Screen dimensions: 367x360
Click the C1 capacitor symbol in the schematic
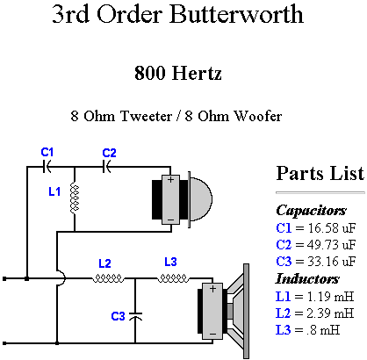click(47, 167)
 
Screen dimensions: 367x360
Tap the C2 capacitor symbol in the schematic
click(107, 167)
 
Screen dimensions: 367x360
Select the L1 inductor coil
click(75, 199)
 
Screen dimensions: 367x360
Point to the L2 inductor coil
click(108, 278)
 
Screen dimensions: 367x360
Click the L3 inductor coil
click(173, 278)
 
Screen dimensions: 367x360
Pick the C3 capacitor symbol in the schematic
click(135, 316)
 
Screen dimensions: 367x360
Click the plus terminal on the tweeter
click(170, 179)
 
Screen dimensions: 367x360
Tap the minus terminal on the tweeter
click(170, 220)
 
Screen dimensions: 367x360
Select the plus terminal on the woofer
click(212, 289)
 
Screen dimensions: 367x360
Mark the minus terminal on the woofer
click(212, 334)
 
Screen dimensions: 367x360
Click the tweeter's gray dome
click(201, 199)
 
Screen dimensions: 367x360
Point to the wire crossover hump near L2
click(61, 278)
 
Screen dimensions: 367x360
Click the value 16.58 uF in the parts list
click(331, 227)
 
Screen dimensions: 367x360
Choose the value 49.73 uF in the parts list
click(331, 244)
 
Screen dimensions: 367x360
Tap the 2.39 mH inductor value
click(330, 313)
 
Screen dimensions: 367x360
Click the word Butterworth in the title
click(236, 14)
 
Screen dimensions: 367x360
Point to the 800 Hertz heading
click(178, 73)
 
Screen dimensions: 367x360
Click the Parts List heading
click(320, 173)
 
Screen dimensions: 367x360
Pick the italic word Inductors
click(307, 278)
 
